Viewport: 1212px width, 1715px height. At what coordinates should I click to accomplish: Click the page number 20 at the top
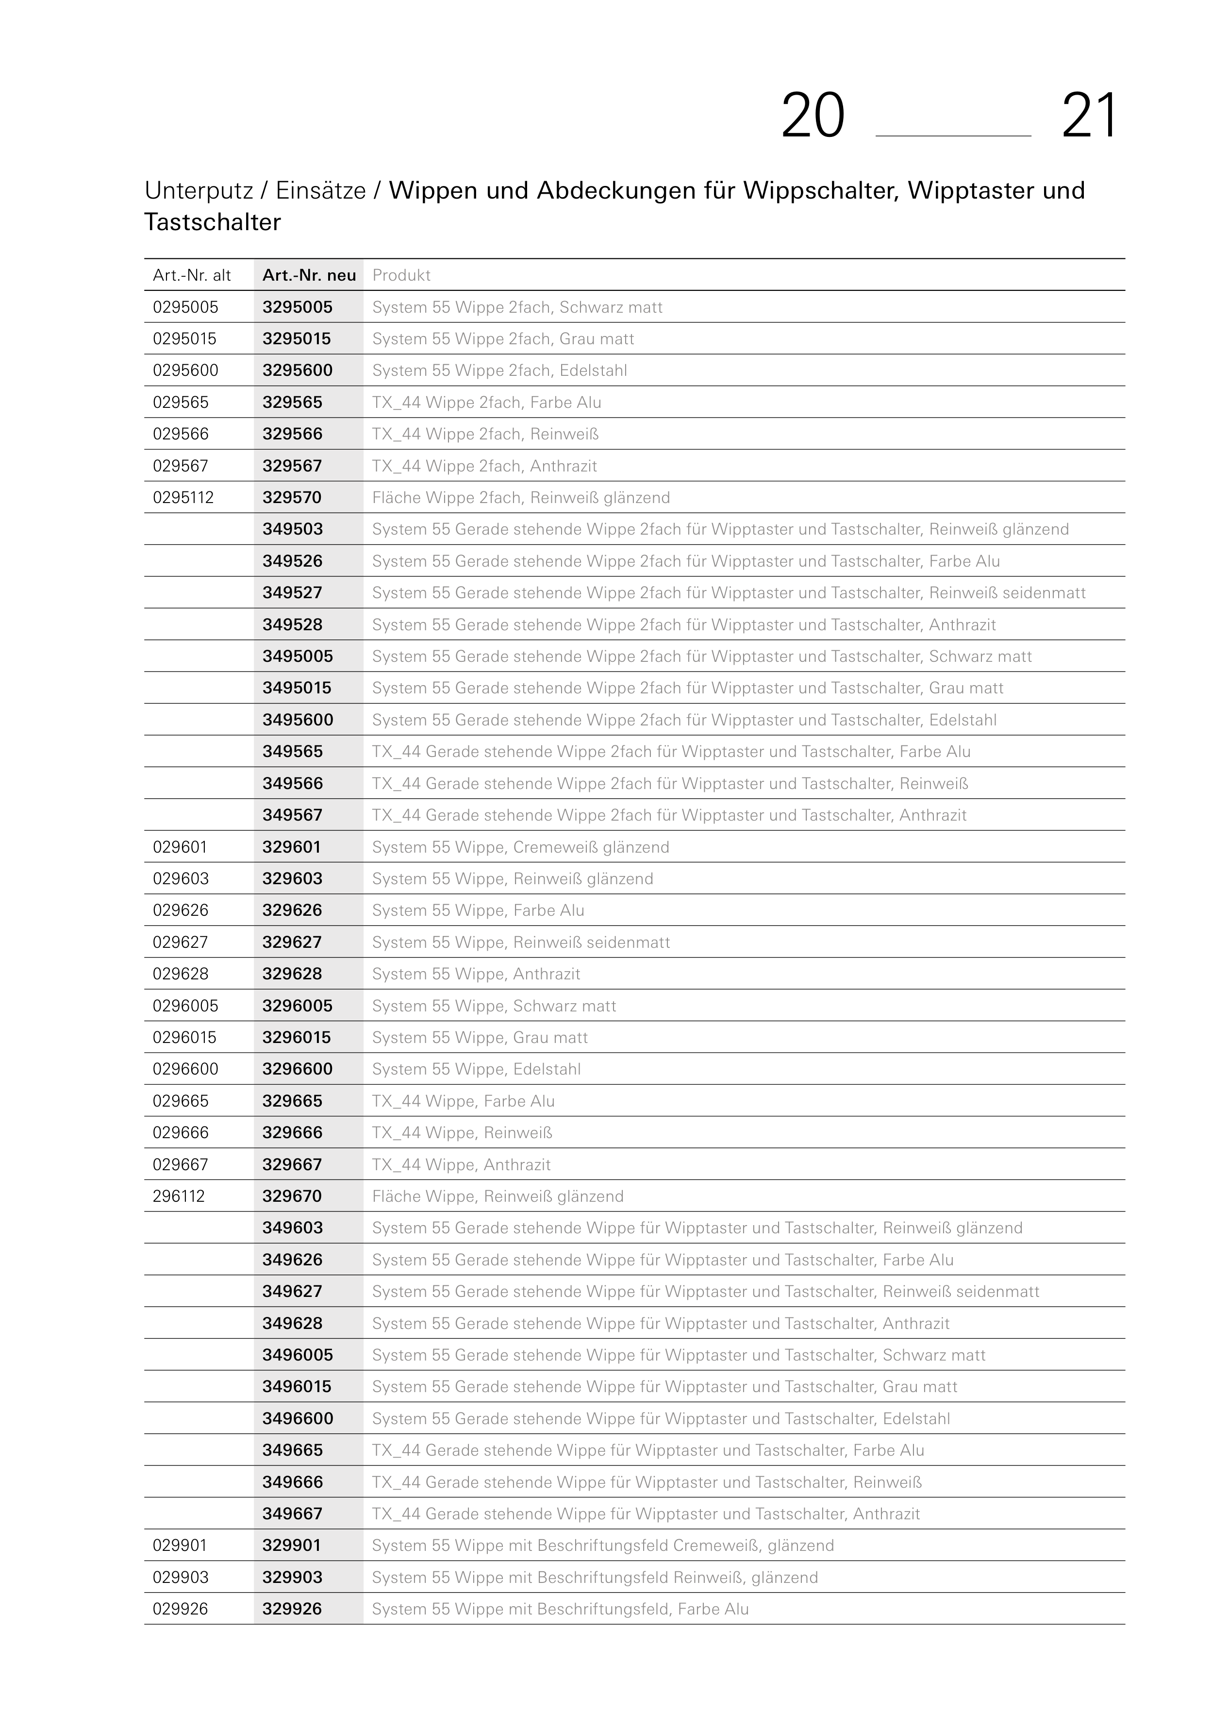coord(813,117)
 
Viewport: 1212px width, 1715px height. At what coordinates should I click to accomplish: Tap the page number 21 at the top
coord(1090,117)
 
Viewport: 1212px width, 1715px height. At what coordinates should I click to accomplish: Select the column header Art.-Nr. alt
coord(192,276)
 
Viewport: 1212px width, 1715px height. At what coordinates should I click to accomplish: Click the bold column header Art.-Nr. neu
coord(309,276)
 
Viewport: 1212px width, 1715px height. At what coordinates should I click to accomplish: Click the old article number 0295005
coord(185,307)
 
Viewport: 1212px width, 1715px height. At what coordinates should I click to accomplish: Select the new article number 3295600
coord(297,370)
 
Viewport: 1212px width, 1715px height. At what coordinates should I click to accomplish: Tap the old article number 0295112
coord(183,498)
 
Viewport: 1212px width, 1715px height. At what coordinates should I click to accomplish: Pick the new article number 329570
coord(292,498)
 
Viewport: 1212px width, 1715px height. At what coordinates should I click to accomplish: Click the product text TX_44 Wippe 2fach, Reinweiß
coord(485,434)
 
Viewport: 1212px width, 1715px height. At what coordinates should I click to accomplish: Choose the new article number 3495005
coord(297,656)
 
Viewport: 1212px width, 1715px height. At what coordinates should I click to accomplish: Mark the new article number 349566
coord(293,784)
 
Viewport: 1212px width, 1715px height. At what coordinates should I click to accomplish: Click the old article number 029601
coord(180,847)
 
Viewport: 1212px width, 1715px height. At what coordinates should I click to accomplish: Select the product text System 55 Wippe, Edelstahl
coord(477,1069)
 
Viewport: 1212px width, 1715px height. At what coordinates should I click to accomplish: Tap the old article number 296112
coord(179,1196)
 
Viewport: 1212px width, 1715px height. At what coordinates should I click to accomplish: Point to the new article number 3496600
coord(297,1418)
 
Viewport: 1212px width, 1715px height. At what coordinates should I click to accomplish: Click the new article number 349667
coord(293,1513)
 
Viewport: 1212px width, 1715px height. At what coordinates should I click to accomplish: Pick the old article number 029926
coord(180,1609)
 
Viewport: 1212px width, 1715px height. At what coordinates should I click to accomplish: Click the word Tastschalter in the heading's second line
coord(213,222)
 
